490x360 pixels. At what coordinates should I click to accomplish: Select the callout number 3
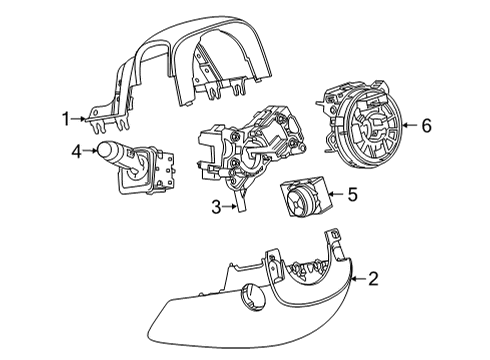216,208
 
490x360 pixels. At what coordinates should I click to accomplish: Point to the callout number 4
76,153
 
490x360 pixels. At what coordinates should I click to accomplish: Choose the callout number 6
426,125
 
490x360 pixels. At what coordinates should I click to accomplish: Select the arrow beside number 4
92,153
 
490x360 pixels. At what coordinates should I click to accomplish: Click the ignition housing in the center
255,150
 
